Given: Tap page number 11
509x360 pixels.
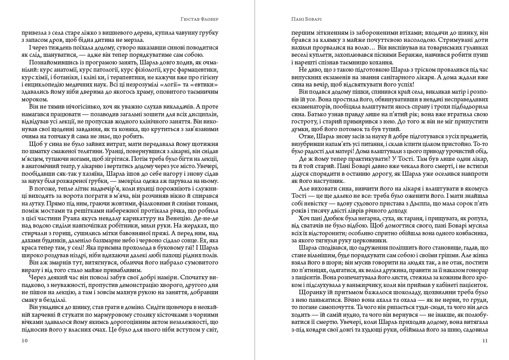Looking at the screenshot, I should point(485,341).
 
